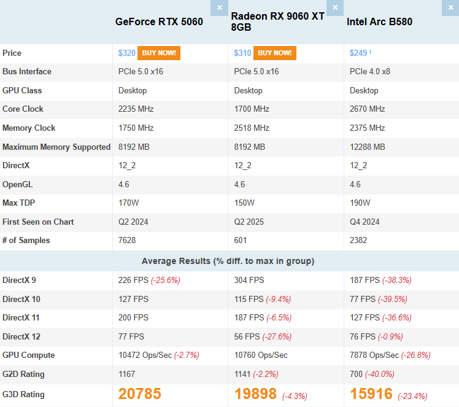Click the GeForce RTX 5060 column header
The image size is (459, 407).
coord(159,22)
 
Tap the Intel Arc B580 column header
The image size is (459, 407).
coord(379,22)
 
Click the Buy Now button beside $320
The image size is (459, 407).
coord(159,53)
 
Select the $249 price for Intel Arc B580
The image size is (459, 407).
coord(358,53)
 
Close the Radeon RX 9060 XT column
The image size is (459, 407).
coord(335,8)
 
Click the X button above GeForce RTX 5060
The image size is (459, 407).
coord(219,8)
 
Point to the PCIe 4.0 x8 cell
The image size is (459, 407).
coord(370,72)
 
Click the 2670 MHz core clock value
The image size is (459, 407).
coord(367,109)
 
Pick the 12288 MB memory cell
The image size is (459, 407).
coord(368,147)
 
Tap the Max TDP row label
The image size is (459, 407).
coord(19,203)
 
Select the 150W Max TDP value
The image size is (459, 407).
coord(244,203)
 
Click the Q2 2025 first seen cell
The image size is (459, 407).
coord(249,222)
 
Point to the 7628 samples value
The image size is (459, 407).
coord(128,241)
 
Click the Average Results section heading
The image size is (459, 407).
coord(228,261)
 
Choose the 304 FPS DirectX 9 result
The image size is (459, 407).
coord(249,281)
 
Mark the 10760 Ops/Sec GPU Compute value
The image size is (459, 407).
coord(261,355)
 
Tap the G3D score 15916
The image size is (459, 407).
coord(371,394)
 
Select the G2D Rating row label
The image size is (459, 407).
coord(23,374)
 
